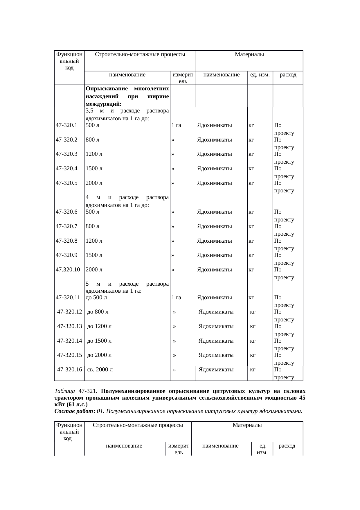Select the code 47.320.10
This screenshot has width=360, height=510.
(x=68, y=270)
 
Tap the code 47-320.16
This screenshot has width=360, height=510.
(x=70, y=370)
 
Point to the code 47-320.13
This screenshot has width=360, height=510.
(x=70, y=326)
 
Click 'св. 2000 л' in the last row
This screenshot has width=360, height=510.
(x=100, y=370)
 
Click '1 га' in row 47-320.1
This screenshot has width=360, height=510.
(x=176, y=126)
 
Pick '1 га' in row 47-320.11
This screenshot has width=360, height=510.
(x=176, y=298)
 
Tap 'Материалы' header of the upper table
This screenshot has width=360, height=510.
(x=249, y=54)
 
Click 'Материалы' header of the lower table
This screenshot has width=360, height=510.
(x=247, y=425)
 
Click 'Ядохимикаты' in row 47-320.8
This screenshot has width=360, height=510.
(x=214, y=241)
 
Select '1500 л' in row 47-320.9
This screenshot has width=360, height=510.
(x=94, y=255)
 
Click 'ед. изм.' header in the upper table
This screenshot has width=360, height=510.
(x=260, y=75)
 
